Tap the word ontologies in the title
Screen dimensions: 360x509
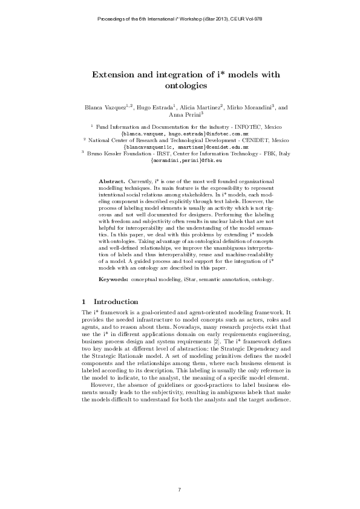point(180,86)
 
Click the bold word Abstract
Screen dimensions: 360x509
point(110,181)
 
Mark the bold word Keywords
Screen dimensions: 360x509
point(113,280)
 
